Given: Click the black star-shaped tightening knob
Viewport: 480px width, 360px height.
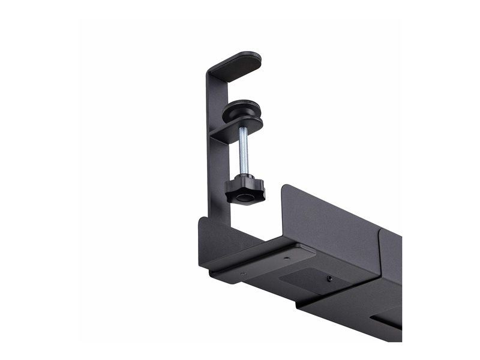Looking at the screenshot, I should [245, 189].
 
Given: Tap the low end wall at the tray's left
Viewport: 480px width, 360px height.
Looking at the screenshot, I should [216, 237].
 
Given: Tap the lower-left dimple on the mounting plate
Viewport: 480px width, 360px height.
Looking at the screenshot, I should [242, 275].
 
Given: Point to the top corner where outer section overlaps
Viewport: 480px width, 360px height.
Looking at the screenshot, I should [382, 231].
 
